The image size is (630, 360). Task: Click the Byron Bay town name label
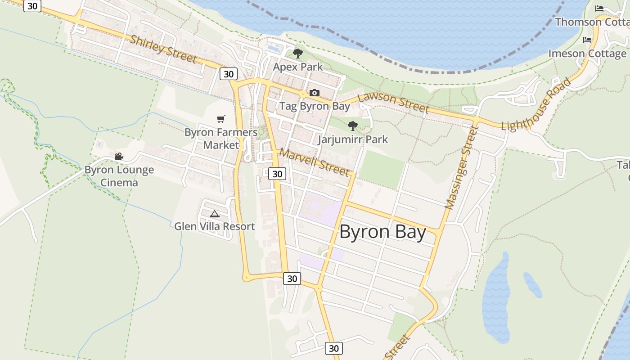click(382, 232)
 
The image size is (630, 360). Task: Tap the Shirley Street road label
click(163, 49)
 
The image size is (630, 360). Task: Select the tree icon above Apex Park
click(297, 54)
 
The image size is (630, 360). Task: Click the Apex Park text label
click(298, 67)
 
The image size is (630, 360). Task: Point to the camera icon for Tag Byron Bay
click(314, 93)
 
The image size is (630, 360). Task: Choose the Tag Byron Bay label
click(315, 106)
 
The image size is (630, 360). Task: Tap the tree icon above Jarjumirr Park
click(353, 126)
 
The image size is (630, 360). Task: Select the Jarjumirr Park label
click(353, 139)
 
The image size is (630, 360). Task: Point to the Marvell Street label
click(314, 162)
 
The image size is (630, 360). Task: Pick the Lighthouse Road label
click(536, 104)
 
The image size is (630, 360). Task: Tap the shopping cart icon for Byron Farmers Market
click(220, 119)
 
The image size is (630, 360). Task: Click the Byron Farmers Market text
click(221, 139)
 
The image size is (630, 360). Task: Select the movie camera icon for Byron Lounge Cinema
click(119, 157)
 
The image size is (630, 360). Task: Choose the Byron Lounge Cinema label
click(119, 176)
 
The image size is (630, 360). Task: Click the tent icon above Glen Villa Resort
click(215, 214)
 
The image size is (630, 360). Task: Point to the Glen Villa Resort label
click(215, 226)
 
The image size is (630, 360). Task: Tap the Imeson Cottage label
click(587, 54)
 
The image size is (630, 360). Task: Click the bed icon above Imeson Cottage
click(587, 40)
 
